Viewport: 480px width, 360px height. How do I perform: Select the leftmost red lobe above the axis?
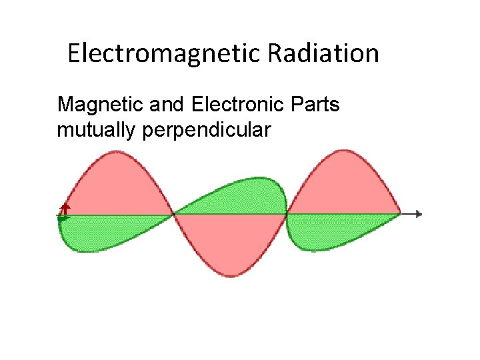click(x=117, y=187)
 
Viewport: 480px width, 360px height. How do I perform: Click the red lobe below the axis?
click(x=230, y=243)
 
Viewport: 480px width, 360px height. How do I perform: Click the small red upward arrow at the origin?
click(x=65, y=208)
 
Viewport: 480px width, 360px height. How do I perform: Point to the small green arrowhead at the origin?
click(x=64, y=218)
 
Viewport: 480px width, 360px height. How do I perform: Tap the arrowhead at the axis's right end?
click(x=419, y=214)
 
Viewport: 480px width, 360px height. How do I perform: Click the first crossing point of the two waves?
click(x=174, y=214)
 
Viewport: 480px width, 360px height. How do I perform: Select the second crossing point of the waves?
click(x=287, y=214)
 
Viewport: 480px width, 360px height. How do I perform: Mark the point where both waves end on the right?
click(x=400, y=214)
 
